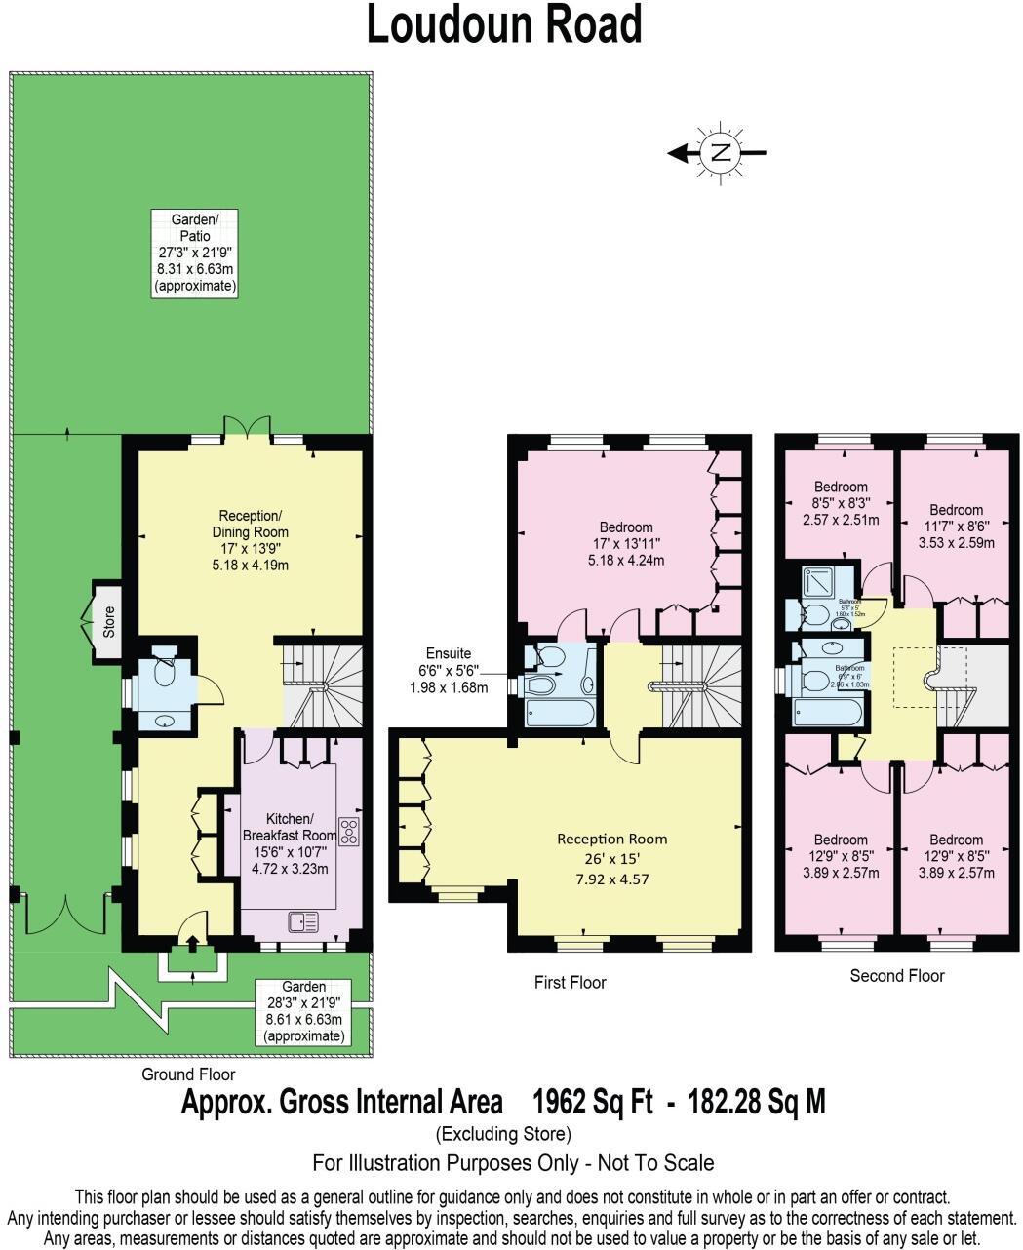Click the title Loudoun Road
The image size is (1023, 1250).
504,26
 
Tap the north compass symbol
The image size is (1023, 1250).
720,152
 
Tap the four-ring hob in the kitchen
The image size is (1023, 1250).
349,831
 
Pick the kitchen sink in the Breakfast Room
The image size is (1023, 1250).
303,921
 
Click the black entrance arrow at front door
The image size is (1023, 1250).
192,943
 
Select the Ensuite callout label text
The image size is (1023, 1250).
449,670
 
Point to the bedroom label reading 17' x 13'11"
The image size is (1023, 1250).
627,544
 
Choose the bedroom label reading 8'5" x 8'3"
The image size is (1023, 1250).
840,503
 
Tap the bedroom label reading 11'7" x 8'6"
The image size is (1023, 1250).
956,527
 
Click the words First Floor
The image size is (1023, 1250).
570,982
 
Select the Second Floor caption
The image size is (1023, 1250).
896,975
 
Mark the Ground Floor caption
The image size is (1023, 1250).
188,1074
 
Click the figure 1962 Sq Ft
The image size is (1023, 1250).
592,1102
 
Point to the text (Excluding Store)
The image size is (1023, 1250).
503,1134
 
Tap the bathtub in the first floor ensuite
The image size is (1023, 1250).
558,714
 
